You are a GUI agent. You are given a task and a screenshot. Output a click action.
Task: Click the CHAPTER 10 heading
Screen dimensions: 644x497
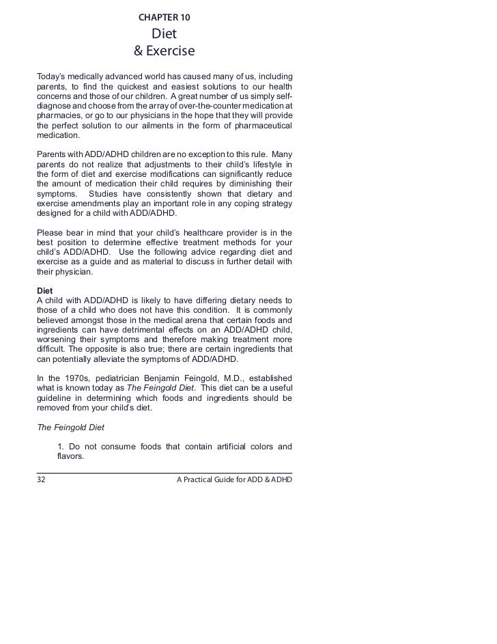[x=164, y=16]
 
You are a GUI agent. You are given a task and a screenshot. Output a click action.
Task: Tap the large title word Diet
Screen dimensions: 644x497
[x=164, y=33]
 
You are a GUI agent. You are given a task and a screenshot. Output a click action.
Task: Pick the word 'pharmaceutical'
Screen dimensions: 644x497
[x=260, y=126]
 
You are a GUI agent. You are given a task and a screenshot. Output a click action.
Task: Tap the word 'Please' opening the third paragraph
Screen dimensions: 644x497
[x=51, y=232]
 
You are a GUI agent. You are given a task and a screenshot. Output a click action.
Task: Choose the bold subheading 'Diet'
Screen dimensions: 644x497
[x=45, y=291]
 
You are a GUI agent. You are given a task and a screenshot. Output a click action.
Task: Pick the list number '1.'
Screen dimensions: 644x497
[x=63, y=447]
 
